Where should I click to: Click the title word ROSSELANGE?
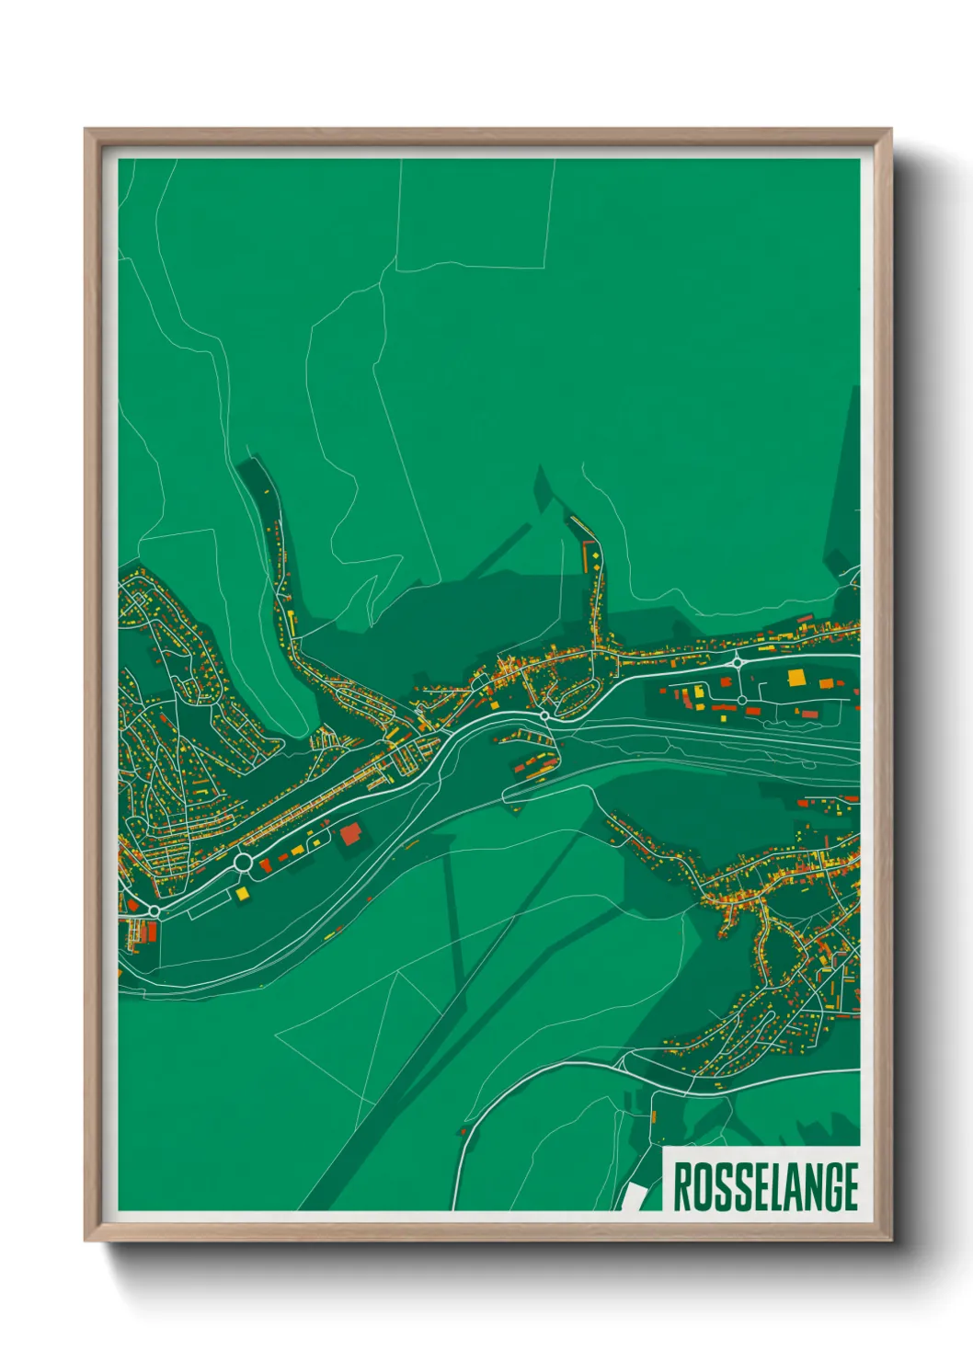tap(765, 1187)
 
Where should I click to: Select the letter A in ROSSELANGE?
tap(776, 1187)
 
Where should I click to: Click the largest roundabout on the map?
tap(243, 863)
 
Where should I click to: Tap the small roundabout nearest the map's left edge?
tap(155, 910)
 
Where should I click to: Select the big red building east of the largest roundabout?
tap(350, 834)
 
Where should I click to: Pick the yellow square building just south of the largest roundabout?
tap(242, 892)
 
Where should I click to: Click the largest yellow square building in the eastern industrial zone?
tap(796, 678)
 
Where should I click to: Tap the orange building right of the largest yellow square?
tap(826, 683)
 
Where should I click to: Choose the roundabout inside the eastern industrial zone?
tap(742, 700)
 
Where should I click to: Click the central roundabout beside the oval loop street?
tap(544, 715)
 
